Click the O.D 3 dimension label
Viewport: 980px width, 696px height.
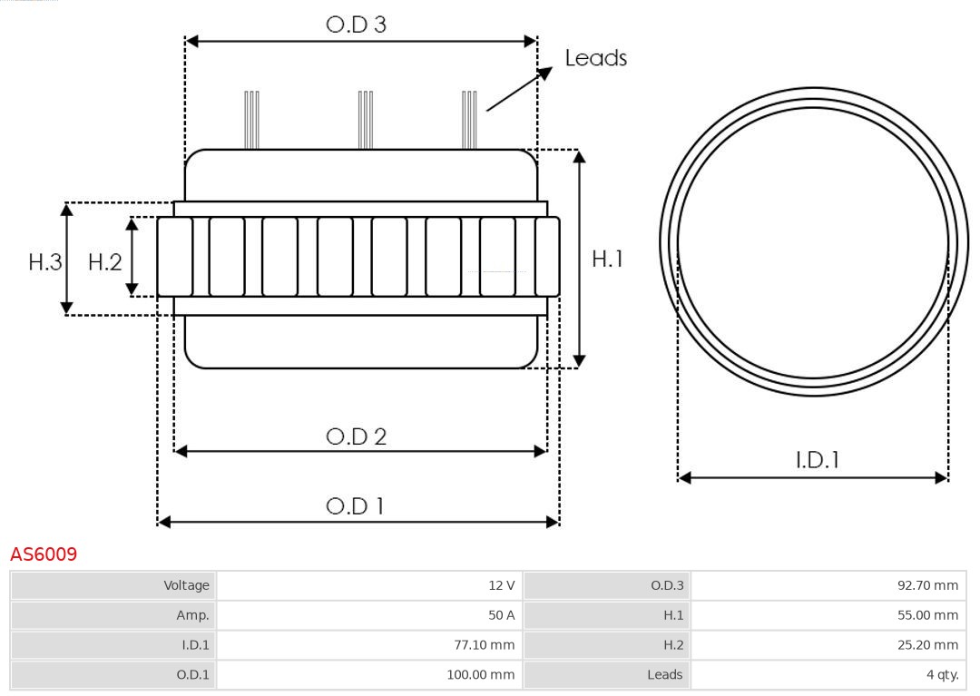[x=356, y=25]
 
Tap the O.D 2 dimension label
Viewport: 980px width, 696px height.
[x=356, y=436]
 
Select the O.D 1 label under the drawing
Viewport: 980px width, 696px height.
[x=355, y=505]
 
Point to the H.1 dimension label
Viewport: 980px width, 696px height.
[x=607, y=259]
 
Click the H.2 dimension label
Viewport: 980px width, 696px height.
[x=104, y=262]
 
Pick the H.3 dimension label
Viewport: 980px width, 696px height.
[x=44, y=262]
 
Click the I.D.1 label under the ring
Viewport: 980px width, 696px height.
[x=817, y=460]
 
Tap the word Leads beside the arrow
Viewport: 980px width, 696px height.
[x=595, y=58]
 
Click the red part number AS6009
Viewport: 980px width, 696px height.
[x=44, y=554]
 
